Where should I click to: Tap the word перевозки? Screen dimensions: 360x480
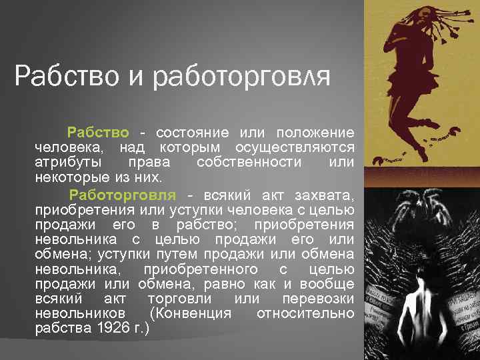click(318, 299)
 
